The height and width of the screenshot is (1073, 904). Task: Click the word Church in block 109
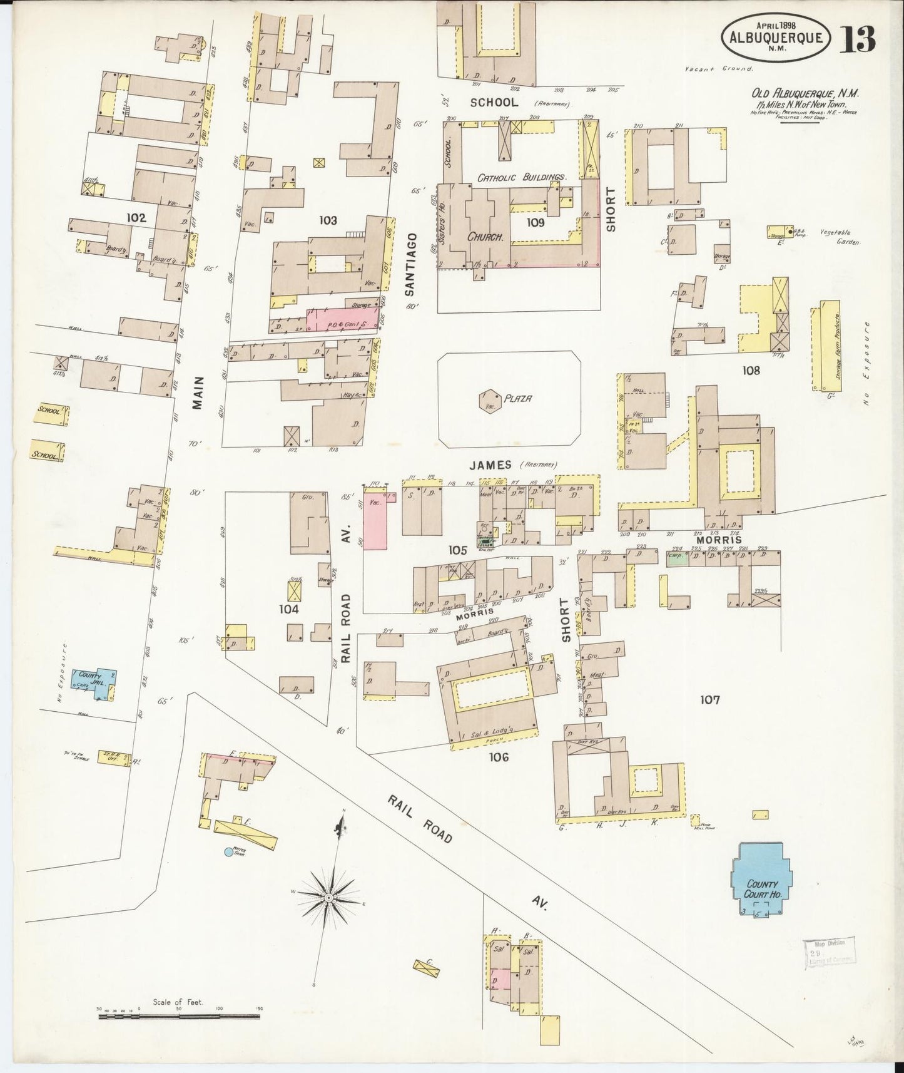486,237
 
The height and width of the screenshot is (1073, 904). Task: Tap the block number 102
136,218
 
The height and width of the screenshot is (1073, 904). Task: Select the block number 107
710,700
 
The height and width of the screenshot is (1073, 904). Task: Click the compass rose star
328,898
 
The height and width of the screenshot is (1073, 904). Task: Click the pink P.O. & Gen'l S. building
343,318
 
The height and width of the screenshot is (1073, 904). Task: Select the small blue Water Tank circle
229,851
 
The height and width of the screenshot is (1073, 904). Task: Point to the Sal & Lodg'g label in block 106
495,734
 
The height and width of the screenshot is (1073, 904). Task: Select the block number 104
288,608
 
